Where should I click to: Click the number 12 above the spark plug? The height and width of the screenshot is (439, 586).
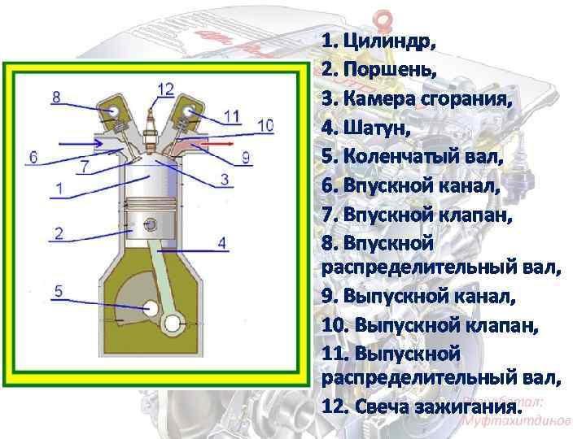click(165, 88)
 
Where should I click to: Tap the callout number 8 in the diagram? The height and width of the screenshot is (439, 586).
click(55, 98)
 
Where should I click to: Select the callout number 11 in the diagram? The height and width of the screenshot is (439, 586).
click(233, 115)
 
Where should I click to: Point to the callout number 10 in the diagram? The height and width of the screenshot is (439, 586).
click(265, 125)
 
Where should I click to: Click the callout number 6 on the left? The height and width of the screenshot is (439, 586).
click(33, 155)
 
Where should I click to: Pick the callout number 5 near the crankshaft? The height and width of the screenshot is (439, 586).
click(59, 290)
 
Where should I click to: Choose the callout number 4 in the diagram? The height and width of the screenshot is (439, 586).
click(222, 242)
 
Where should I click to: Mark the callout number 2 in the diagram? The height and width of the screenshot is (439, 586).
click(59, 233)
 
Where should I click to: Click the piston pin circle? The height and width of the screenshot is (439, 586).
click(151, 224)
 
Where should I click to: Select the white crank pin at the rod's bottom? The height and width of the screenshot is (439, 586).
click(173, 324)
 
